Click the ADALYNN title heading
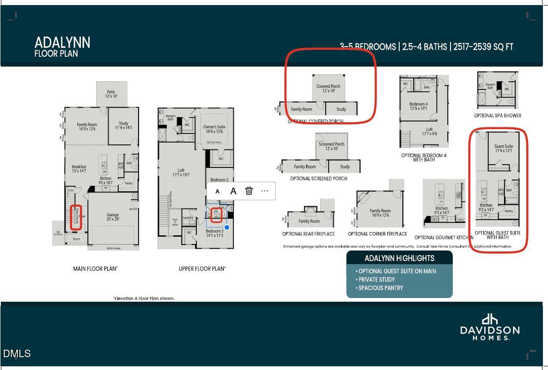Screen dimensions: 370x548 click(x=62, y=43)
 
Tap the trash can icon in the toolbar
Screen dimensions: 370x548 click(x=249, y=191)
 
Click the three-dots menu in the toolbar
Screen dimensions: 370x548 click(x=265, y=191)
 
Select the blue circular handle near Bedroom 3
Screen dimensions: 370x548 click(x=227, y=227)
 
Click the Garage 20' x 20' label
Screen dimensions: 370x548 click(x=113, y=217)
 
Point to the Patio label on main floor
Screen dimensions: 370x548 click(x=111, y=94)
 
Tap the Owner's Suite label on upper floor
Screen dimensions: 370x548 click(x=214, y=129)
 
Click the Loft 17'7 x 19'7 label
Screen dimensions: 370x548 click(x=181, y=173)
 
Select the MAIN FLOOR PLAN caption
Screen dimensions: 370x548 click(x=95, y=269)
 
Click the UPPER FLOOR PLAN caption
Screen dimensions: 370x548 click(x=202, y=269)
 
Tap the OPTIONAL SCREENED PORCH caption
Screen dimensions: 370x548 click(x=318, y=179)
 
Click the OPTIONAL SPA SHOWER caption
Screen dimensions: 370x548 click(x=497, y=116)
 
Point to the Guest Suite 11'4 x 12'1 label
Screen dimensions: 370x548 click(x=503, y=148)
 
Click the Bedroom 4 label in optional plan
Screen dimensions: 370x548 click(x=419, y=106)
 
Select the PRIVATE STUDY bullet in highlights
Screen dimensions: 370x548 click(x=376, y=280)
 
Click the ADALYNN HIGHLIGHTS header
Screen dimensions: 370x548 click(x=399, y=258)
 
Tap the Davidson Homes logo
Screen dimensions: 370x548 click(x=490, y=327)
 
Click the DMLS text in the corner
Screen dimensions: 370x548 click(x=17, y=354)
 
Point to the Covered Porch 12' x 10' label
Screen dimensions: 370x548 click(x=328, y=88)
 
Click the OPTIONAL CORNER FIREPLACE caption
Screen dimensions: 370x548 click(x=377, y=234)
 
